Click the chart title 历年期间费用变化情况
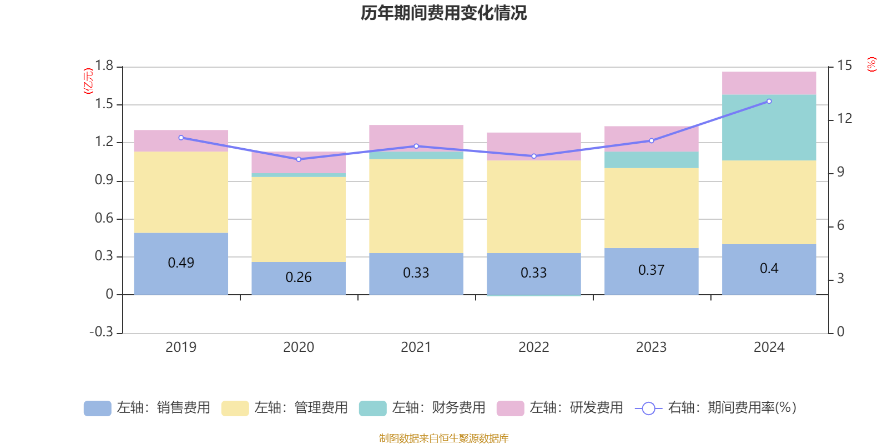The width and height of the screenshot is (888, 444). pos(443,13)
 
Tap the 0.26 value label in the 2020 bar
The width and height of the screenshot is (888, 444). pos(299,277)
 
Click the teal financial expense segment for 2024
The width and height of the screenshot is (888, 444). pos(769,127)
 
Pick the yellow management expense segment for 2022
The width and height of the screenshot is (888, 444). pos(533,206)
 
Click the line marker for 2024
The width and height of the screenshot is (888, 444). pos(769,101)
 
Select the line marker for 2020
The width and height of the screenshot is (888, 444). pos(299,159)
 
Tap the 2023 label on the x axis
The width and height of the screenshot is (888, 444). pos(651,347)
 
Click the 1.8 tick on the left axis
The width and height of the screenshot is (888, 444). pos(104,66)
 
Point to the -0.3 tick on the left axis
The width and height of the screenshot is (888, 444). pos(102,332)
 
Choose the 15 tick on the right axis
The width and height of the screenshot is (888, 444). pos(845,65)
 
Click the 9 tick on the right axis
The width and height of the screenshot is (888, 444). pos(840,172)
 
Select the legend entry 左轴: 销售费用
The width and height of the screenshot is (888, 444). pos(147,408)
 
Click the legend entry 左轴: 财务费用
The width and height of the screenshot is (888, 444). pos(422,408)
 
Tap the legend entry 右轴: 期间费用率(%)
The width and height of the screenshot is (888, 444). pos(715,408)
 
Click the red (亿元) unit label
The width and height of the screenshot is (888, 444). pos(88,81)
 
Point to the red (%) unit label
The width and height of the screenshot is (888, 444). pos(872,64)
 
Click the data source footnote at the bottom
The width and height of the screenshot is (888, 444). pos(443,438)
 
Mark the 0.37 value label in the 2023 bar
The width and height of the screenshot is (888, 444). pos(651,270)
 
